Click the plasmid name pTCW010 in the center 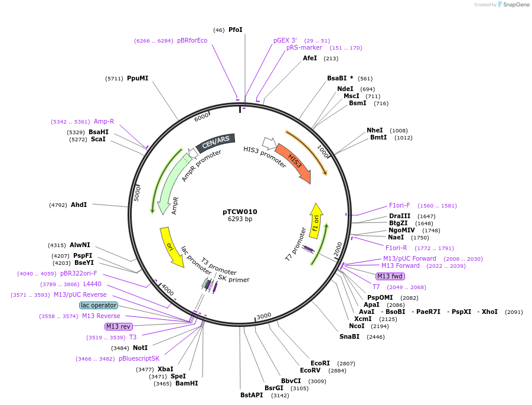240,211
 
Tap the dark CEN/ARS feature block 216,142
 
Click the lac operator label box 99,305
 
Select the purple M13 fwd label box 390,276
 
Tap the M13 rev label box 118,326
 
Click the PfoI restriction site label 235,30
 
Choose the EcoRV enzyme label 312,371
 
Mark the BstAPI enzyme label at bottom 252,395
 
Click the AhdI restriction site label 79,205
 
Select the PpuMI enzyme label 138,78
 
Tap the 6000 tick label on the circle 202,117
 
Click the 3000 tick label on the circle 263,316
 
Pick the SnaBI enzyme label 349,336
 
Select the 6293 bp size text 240,219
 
